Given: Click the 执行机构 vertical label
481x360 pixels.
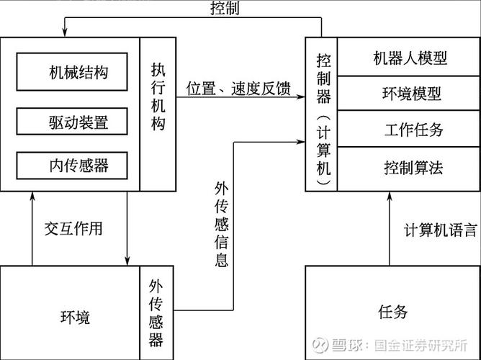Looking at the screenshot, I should [158, 96].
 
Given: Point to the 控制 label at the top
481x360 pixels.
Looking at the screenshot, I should [225, 9].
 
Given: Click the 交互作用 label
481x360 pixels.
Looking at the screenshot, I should [73, 229].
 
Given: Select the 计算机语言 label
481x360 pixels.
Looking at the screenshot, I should [439, 230].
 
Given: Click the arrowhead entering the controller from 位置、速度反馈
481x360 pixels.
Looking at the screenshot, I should [301, 99].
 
